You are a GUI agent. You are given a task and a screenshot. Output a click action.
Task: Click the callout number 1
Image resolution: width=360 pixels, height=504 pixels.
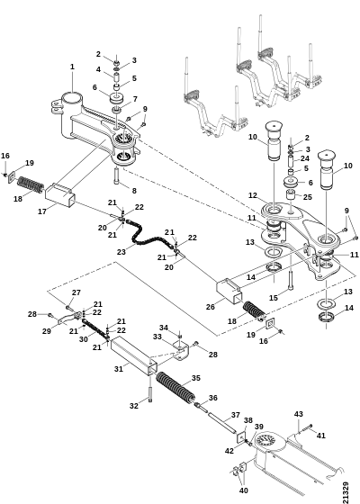pos(72,67)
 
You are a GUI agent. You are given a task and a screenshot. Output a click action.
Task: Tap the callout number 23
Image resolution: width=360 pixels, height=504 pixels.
pos(121,252)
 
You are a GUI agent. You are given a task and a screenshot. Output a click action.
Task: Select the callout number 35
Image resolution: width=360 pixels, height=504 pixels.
pos(196,378)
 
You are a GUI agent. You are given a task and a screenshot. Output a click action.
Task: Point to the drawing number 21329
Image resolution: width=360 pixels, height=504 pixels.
pos(346,491)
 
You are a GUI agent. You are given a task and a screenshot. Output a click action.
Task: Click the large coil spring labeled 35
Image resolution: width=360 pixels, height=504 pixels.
pos(175,388)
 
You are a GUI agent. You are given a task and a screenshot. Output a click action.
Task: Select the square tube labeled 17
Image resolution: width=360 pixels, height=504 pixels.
pos(60,193)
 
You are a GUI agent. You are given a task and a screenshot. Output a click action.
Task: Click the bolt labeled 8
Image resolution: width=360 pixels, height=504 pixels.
pos(116,175)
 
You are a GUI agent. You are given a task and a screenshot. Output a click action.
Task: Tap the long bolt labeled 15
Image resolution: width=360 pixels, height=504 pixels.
pos(291,280)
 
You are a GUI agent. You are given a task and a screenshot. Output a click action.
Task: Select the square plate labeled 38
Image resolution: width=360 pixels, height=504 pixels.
pos(241,437)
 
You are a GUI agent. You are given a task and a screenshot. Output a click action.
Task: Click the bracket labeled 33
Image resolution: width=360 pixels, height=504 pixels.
pos(181,351)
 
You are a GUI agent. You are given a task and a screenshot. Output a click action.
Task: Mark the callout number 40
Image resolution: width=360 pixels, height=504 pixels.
pos(244,490)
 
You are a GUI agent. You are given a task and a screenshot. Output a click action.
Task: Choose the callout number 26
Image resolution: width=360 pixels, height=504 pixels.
pos(211,307)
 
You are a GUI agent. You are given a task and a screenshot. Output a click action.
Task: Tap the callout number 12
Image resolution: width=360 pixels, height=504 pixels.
pos(253,195)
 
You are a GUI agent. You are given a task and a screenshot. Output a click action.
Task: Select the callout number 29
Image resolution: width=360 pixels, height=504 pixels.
pos(47,331)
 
